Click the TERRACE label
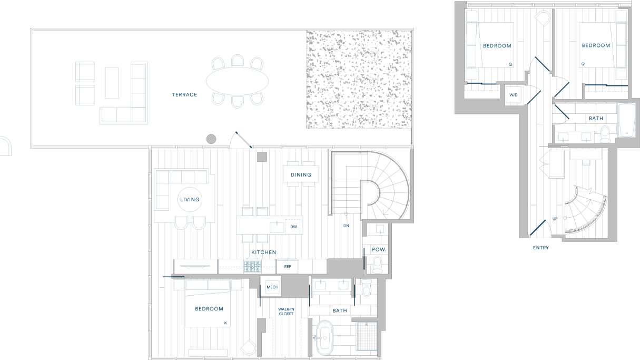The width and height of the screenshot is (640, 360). click(184, 95)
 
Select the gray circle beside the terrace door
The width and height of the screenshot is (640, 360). click(211, 139)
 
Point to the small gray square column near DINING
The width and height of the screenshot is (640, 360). click(262, 157)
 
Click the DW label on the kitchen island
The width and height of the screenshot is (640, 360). click(293, 227)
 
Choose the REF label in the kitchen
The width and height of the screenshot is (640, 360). click(288, 267)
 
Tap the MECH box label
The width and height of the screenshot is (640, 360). click(272, 287)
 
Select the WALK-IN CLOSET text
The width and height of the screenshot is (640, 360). click(286, 312)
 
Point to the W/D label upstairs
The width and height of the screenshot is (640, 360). click(513, 95)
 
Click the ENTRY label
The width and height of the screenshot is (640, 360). click(541, 248)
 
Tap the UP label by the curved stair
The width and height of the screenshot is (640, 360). click(555, 219)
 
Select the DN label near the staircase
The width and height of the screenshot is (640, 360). click(346, 226)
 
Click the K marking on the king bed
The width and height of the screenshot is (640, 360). click(225, 323)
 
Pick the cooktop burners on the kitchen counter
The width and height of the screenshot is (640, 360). click(252, 266)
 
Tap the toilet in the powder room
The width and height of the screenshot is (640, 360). click(378, 264)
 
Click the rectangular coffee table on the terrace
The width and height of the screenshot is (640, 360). click(112, 83)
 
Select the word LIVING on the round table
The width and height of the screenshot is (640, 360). click(190, 200)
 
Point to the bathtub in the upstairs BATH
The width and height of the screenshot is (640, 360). click(627, 123)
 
